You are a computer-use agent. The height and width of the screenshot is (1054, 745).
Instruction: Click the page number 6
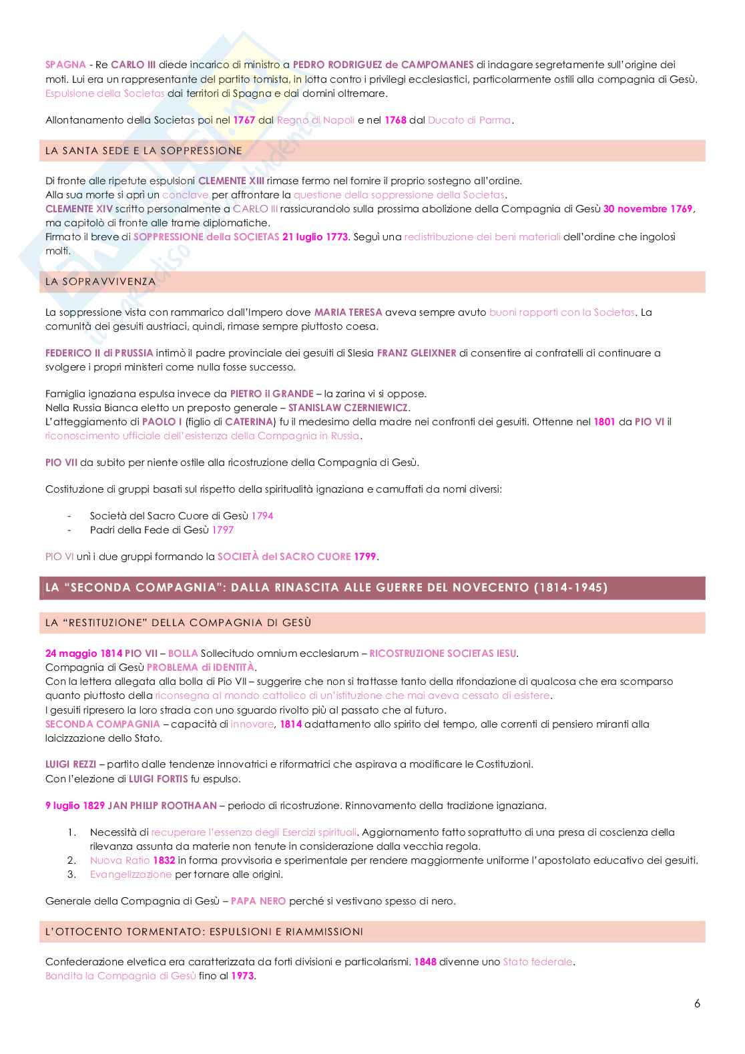(697, 1003)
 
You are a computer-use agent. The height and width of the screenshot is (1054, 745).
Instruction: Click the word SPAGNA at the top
(65, 65)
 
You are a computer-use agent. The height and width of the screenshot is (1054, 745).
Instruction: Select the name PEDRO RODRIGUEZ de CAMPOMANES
(383, 65)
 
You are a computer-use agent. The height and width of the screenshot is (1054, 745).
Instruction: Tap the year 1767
(244, 120)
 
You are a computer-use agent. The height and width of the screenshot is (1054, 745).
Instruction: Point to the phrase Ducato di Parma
(469, 120)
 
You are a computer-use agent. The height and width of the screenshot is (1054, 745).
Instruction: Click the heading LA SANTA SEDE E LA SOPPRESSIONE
(144, 151)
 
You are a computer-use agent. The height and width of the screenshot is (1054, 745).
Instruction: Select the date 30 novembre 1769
(648, 209)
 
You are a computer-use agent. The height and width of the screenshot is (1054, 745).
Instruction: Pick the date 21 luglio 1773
(314, 237)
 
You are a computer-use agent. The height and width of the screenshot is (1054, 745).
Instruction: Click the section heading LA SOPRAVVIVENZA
(100, 282)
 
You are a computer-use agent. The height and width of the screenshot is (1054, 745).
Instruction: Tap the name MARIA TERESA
(348, 312)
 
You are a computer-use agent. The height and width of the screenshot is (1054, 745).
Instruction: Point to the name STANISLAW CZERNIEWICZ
(348, 408)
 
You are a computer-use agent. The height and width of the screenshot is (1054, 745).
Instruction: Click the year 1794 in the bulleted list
(262, 516)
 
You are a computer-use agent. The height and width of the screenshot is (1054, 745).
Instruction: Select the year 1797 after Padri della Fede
(223, 530)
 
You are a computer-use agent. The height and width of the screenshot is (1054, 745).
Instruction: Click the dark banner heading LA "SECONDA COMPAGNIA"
(326, 588)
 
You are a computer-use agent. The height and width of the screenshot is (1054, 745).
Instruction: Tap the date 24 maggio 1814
(83, 653)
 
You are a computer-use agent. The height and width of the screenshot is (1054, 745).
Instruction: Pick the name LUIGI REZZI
(71, 764)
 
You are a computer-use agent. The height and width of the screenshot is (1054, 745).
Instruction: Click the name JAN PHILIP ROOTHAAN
(162, 806)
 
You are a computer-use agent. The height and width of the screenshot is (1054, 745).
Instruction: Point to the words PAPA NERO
(258, 901)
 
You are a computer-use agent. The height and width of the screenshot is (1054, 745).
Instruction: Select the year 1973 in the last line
(243, 976)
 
